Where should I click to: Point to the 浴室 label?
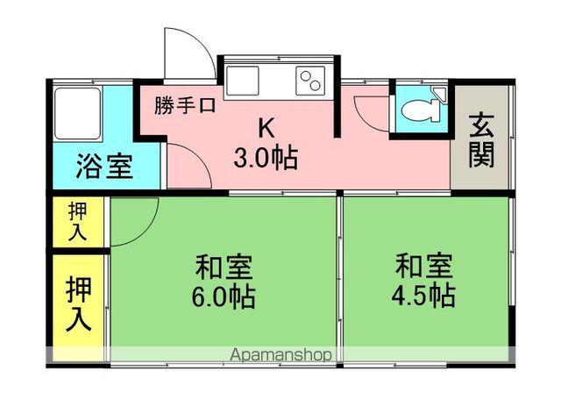coord(104,166)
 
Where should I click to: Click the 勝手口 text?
coord(185,107)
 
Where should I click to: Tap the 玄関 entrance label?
coord(480,140)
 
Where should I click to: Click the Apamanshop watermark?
coord(281,354)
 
